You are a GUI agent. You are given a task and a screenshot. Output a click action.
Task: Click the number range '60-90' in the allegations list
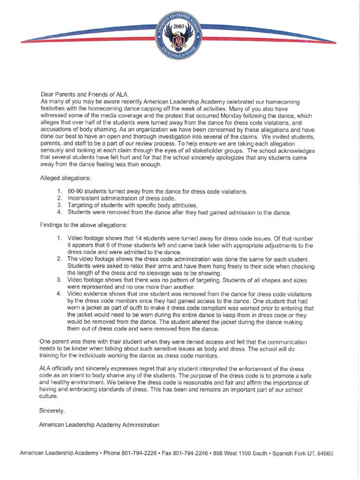(75, 192)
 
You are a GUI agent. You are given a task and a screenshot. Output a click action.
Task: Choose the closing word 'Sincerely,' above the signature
(52, 410)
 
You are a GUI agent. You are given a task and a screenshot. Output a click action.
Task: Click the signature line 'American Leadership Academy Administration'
(99, 425)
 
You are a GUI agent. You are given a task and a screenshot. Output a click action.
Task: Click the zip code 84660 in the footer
(324, 454)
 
